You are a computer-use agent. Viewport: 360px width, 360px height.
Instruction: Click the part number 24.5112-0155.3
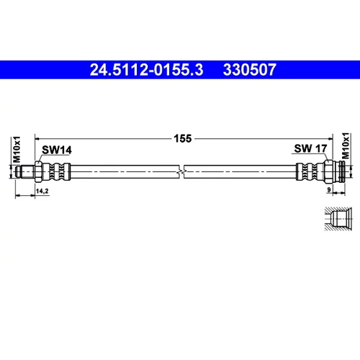pos(146,70)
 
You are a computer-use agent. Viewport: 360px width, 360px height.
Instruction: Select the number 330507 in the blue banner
pos(250,70)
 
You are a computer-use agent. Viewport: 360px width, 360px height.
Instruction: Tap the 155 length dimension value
pos(183,139)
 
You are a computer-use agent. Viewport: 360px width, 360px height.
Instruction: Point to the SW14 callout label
pos(57,150)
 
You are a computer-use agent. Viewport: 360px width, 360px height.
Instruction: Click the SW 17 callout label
pos(310,148)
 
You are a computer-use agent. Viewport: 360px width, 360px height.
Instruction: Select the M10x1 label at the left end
pos(17,149)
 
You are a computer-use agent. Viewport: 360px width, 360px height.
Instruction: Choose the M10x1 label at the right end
pos(346,145)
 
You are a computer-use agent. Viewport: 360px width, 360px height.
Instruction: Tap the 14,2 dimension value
pos(42,191)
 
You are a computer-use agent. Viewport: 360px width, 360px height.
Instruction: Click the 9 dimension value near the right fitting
pos(329,189)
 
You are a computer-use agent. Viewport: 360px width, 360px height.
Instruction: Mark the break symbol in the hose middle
pos(181,171)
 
